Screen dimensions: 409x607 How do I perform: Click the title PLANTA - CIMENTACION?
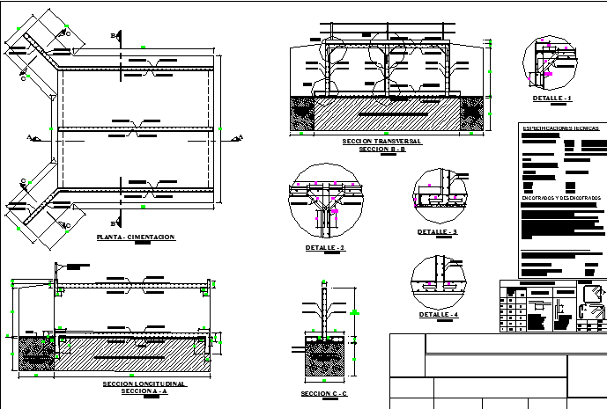coord(136,237)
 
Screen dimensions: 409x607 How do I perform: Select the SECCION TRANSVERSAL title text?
coord(381,141)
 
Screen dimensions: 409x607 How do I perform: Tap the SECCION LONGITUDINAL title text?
coord(144,384)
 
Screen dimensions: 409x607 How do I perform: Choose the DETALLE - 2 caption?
coord(324,248)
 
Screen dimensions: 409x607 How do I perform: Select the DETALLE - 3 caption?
coord(438,231)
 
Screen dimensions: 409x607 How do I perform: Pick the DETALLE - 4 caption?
coord(439,314)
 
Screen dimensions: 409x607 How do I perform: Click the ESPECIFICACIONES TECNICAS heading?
coord(560,128)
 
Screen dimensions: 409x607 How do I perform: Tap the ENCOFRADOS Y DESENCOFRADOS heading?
coord(560,198)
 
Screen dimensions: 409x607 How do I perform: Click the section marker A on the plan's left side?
coord(29,137)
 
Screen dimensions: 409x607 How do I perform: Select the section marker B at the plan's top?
coord(113,35)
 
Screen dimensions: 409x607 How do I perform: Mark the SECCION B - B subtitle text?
coord(381,150)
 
